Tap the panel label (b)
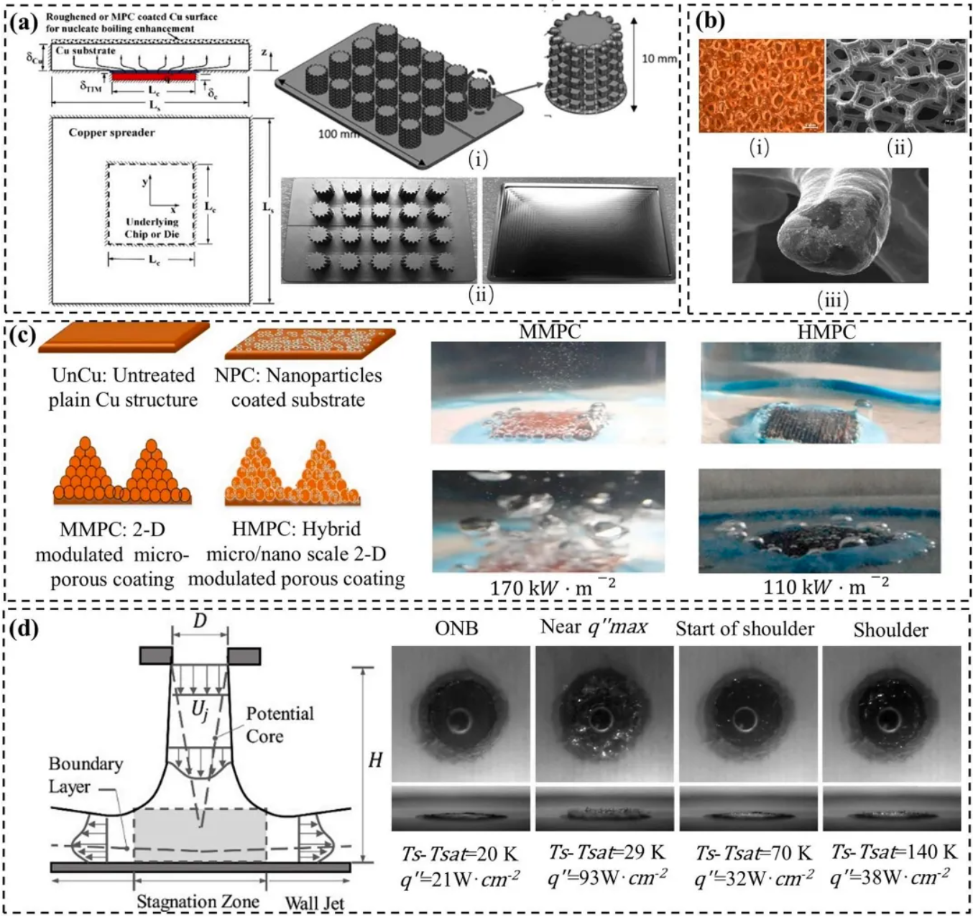tap(711, 22)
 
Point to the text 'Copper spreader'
tap(111, 132)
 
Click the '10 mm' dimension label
tap(658, 58)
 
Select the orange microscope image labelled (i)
tap(761, 86)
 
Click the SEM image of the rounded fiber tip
tap(830, 225)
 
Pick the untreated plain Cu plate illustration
tap(123, 337)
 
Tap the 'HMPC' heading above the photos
tap(826, 332)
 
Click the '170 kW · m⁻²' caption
tap(552, 587)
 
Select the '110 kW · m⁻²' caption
tap(825, 586)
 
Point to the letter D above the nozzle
tap(200, 620)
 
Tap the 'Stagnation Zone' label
tap(198, 901)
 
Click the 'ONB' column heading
tap(456, 628)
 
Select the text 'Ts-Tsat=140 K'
tap(894, 852)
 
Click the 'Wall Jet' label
tap(315, 903)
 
